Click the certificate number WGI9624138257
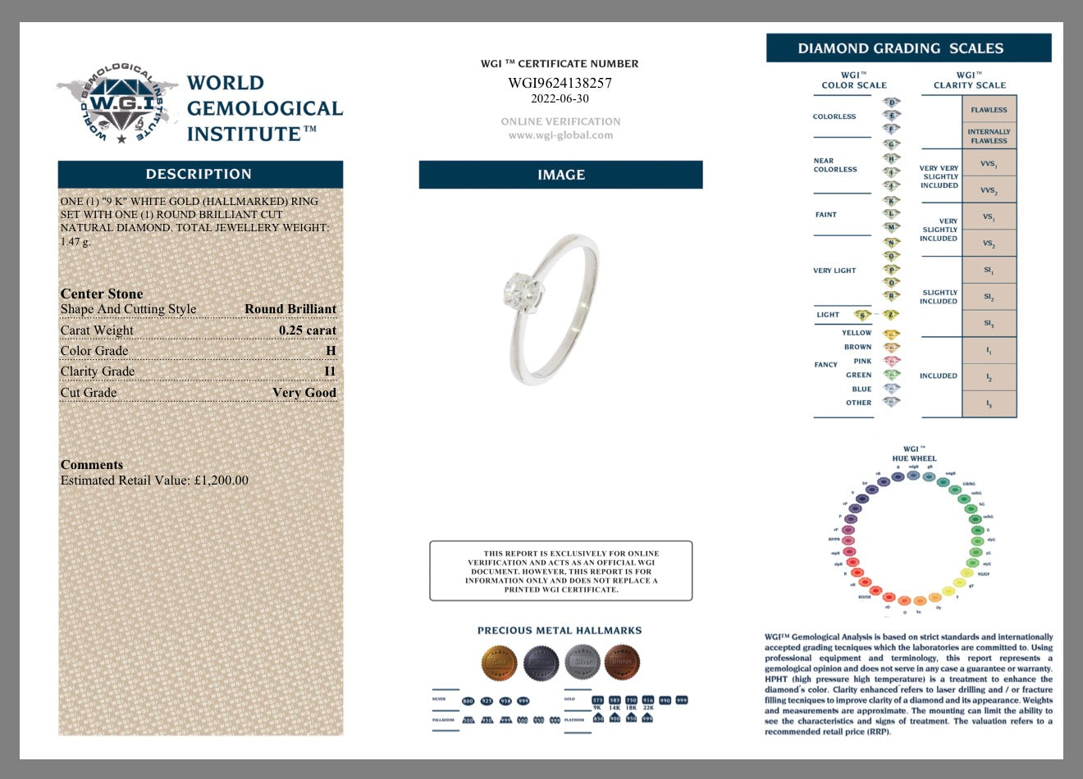pos(560,83)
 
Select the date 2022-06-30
pos(560,98)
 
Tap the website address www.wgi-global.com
pos(560,135)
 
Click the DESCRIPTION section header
pos(199,174)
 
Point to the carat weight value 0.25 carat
pos(307,330)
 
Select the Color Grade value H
pos(331,351)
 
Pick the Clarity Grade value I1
pos(330,371)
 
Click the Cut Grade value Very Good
pos(304,393)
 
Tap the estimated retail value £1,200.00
pos(221,481)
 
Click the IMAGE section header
pos(560,175)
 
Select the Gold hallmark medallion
pos(498,662)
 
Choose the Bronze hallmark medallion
pos(622,662)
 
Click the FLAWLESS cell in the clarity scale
pos(989,110)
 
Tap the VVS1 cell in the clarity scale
pos(989,164)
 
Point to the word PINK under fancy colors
pos(862,361)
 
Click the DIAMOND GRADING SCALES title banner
pos(908,48)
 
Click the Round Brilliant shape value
pos(290,309)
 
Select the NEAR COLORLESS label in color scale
pos(835,166)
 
